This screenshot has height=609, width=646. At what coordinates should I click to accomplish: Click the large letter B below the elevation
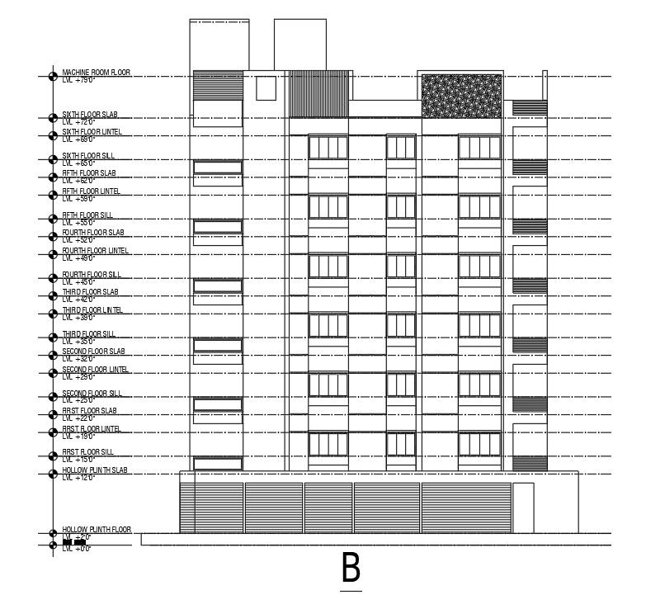[351, 569]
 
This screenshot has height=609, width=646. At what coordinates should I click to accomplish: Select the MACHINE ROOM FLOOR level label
[96, 73]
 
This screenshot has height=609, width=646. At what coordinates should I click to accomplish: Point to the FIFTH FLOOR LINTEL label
[91, 191]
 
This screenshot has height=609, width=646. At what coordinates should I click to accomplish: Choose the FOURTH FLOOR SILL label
[91, 274]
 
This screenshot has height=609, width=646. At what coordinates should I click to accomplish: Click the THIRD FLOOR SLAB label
[90, 292]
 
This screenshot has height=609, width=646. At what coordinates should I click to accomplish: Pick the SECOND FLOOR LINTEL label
[95, 370]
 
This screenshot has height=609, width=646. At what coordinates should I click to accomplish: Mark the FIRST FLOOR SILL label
[87, 452]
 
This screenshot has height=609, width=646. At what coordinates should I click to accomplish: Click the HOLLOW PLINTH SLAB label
[95, 470]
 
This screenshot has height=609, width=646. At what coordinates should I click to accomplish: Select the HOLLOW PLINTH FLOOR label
[97, 530]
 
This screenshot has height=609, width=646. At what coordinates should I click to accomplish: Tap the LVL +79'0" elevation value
[78, 80]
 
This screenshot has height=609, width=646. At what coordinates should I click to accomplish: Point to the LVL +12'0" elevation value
[78, 478]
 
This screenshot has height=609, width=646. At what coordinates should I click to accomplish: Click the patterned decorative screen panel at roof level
[461, 97]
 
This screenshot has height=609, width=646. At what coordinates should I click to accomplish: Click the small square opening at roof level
[266, 88]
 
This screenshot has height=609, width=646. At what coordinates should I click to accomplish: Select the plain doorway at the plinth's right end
[523, 507]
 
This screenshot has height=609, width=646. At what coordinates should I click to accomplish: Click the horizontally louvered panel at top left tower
[218, 86]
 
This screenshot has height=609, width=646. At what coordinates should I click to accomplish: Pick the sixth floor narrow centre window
[401, 148]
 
